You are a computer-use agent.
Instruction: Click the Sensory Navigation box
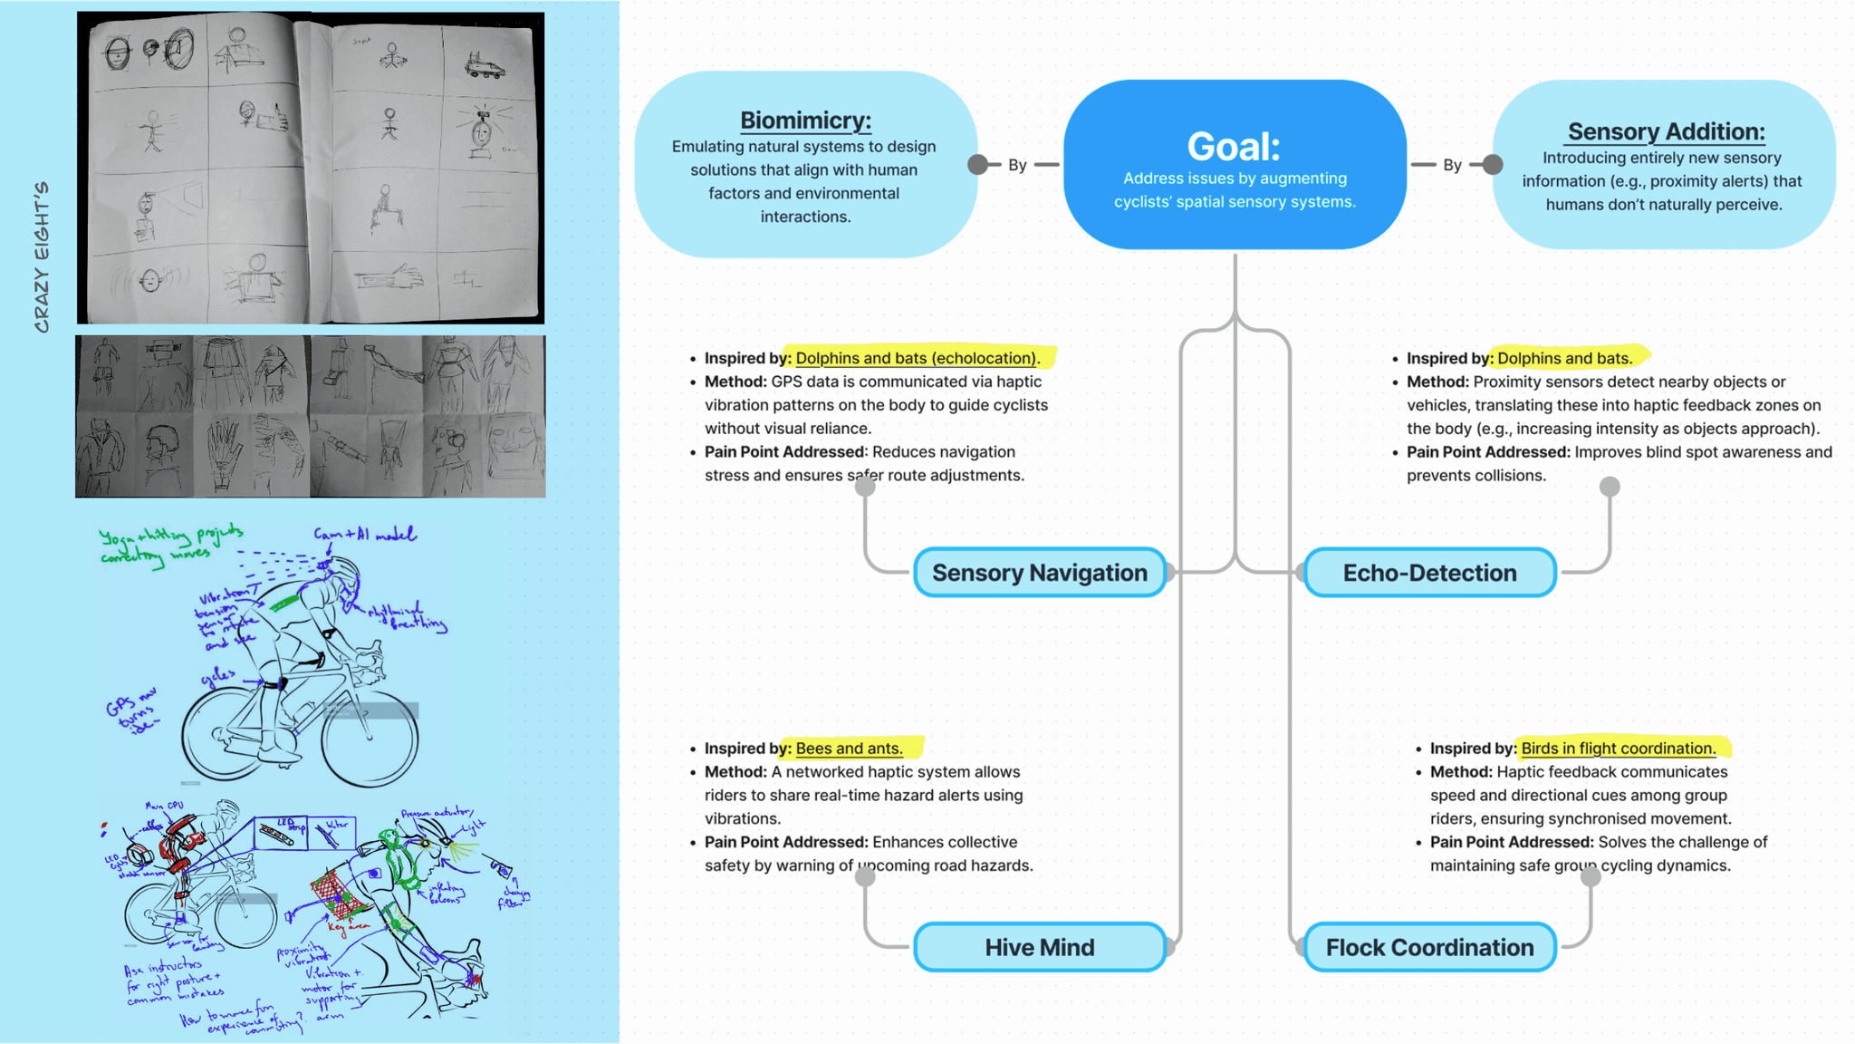pyautogui.click(x=1039, y=573)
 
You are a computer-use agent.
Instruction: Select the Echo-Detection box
pyautogui.click(x=1429, y=573)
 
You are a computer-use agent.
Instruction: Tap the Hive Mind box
pyautogui.click(x=1039, y=947)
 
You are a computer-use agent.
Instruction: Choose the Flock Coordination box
pyautogui.click(x=1429, y=947)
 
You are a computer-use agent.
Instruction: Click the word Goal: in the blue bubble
pyautogui.click(x=1234, y=146)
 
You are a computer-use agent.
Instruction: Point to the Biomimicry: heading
pyautogui.click(x=805, y=120)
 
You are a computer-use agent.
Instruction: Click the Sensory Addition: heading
pyautogui.click(x=1666, y=131)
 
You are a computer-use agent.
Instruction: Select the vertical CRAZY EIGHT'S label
pyautogui.click(x=42, y=257)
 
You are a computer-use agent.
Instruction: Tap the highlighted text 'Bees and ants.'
pyautogui.click(x=849, y=749)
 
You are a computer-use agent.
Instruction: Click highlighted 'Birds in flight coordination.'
pyautogui.click(x=1618, y=749)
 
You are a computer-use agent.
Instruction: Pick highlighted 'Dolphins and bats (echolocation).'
pyautogui.click(x=917, y=358)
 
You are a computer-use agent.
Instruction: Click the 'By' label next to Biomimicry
pyautogui.click(x=1017, y=165)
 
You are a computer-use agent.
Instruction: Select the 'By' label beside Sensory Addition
pyautogui.click(x=1452, y=165)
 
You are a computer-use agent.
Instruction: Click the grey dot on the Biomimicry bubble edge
pyautogui.click(x=977, y=165)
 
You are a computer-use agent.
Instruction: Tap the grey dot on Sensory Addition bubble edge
pyautogui.click(x=1493, y=165)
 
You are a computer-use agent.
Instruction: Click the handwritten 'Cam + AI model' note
pyautogui.click(x=364, y=535)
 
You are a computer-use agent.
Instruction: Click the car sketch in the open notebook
pyautogui.click(x=484, y=65)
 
